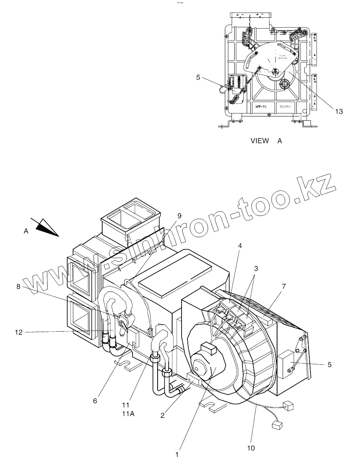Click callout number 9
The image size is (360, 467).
click(179, 216)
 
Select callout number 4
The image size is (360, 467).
click(240, 245)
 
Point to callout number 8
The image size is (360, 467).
click(18, 287)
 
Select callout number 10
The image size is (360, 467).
click(251, 448)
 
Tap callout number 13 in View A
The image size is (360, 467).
click(339, 111)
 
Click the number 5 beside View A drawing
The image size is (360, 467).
click(198, 78)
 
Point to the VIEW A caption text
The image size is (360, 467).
click(266, 140)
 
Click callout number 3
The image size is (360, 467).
click(256, 269)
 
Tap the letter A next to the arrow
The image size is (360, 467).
click(26, 232)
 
